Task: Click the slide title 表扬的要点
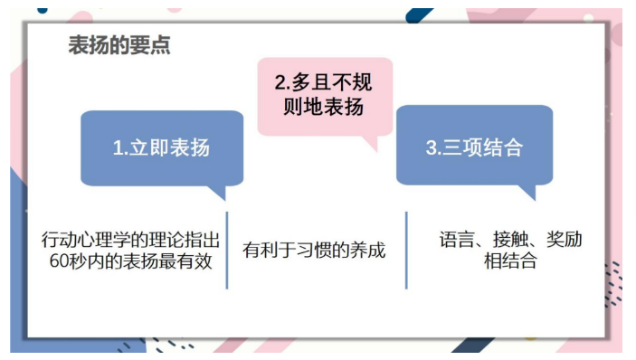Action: click(x=119, y=45)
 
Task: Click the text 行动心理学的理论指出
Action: click(x=131, y=241)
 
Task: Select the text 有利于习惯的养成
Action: click(x=314, y=251)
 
